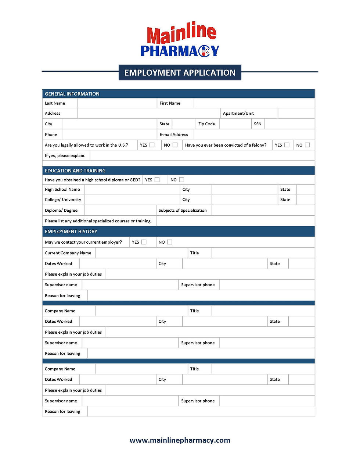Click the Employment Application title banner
coord(180,72)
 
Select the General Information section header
coord(72,94)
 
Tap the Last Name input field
coord(117,103)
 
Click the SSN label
coord(258,124)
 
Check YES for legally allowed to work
coord(152,145)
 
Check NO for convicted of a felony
coord(307,145)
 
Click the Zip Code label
coord(206,124)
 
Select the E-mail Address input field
coord(254,135)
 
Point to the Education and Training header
coord(75,171)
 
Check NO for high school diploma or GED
coord(181,180)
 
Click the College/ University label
coord(63,200)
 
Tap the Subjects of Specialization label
coord(183,210)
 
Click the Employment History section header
coord(71,232)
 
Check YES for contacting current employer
coord(144,242)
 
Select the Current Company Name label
coord(68,253)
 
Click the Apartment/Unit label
coord(238,113)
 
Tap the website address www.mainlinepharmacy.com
coord(180,440)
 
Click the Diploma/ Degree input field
coord(120,210)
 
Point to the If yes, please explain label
coord(65,155)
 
